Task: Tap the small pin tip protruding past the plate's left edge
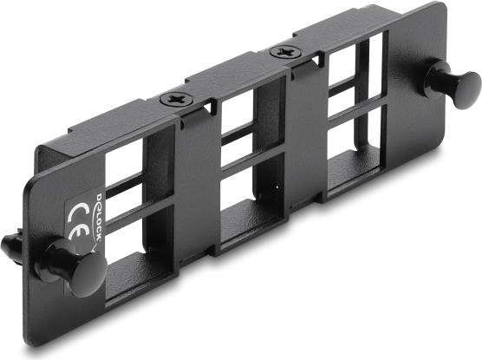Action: click(x=10, y=248)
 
